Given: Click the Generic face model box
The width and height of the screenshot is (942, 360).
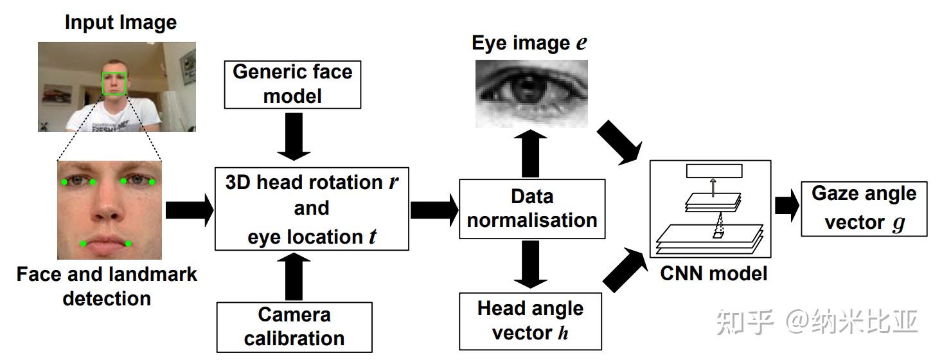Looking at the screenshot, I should click(x=292, y=84).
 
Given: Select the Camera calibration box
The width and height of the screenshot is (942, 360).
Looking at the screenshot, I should click(x=294, y=326).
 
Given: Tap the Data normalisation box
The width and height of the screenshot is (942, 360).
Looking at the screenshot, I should click(x=532, y=208).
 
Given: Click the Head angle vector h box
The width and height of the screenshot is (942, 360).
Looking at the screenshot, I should click(x=530, y=320).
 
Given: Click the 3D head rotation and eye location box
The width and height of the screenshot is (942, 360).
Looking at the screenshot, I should click(x=311, y=210).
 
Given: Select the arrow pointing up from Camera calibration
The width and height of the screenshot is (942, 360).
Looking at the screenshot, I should click(x=294, y=277).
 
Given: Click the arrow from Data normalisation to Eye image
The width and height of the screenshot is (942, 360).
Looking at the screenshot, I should click(x=530, y=153).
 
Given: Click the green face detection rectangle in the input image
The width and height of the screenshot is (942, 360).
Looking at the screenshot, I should click(x=114, y=84).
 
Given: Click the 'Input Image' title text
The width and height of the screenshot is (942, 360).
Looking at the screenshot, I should click(x=120, y=23).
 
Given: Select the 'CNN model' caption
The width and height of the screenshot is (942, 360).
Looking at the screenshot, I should click(x=713, y=274).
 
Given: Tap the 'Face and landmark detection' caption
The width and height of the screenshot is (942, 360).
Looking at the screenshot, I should click(x=107, y=287).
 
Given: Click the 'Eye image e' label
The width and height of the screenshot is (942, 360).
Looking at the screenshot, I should click(x=529, y=43).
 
